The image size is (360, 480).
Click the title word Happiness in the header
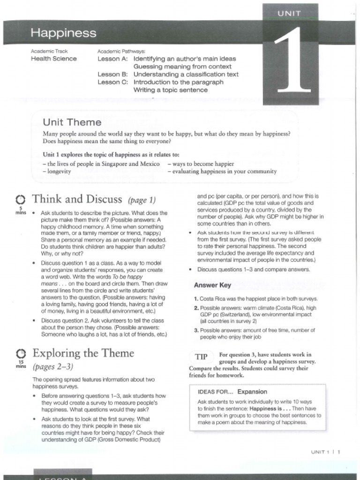pyautogui.click(x=63, y=33)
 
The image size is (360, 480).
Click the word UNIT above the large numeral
pyautogui.click(x=289, y=14)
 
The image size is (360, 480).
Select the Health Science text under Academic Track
pyautogui.click(x=53, y=59)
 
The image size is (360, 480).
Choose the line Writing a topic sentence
pyautogui.click(x=170, y=90)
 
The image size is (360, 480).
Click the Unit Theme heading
pyautogui.click(x=72, y=122)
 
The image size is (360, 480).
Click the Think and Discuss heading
pyautogui.click(x=77, y=199)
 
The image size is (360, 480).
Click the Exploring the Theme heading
pyautogui.click(x=83, y=353)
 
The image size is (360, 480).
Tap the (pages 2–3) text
pyautogui.click(x=53, y=366)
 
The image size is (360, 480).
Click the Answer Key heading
pyautogui.click(x=212, y=285)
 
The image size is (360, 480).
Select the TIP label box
pyautogui.click(x=201, y=357)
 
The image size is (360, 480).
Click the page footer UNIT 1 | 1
pyautogui.click(x=325, y=452)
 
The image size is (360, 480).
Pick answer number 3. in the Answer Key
pyautogui.click(x=196, y=330)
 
